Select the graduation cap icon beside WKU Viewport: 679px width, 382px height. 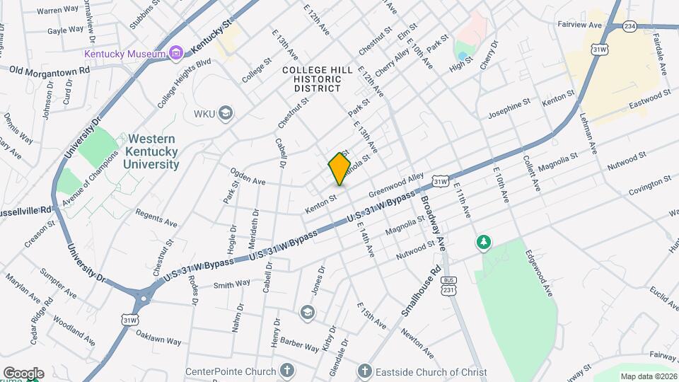click(x=226, y=113)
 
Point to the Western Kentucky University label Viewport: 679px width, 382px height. click(x=151, y=151)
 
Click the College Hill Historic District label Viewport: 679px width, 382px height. click(x=311, y=79)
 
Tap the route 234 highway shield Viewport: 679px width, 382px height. click(x=629, y=26)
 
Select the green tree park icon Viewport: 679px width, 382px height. click(x=484, y=243)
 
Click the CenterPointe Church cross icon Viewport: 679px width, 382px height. click(x=287, y=371)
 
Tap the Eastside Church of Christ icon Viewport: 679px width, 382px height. click(x=364, y=371)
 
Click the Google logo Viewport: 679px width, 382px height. click(x=23, y=374)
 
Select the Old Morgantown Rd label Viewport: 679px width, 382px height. click(x=50, y=71)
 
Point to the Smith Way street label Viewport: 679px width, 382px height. click(x=233, y=284)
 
